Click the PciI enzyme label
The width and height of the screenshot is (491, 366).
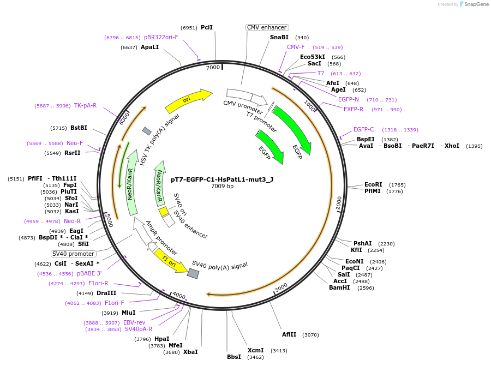pos(207,27)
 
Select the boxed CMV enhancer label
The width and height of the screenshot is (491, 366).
pos(267,27)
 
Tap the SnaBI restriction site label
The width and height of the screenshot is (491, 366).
pos(279,38)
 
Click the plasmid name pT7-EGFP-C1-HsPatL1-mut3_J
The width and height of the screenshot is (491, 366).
pos(222,178)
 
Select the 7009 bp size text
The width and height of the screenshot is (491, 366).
pos(222,186)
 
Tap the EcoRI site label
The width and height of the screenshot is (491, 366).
pos(374,185)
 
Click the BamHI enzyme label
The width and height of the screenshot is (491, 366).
pos(339,287)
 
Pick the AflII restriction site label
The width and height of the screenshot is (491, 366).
pos(289,334)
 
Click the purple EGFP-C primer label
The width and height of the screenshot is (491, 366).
pos(363,130)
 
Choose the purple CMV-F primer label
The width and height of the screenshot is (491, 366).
pos(296,47)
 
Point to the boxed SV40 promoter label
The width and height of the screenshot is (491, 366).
pos(74,254)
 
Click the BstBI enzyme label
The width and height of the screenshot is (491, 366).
pos(79,128)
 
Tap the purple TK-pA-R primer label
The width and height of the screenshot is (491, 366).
pos(85,105)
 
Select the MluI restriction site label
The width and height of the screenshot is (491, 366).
pos(128,313)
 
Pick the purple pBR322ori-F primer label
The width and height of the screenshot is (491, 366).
pos(161,38)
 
